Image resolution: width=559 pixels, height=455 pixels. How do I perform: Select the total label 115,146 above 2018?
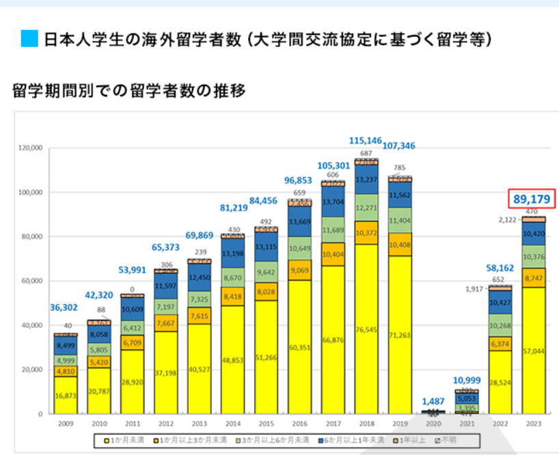367,140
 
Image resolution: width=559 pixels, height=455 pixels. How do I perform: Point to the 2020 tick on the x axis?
434,424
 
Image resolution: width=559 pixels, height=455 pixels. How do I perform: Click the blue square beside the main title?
29,39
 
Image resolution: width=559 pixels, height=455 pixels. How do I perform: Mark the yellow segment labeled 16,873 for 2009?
66,394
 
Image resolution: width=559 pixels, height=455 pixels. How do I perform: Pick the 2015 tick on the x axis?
267,424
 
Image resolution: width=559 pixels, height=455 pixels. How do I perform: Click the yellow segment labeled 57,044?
534,350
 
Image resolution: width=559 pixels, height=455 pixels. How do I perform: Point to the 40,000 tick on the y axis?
31,325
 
